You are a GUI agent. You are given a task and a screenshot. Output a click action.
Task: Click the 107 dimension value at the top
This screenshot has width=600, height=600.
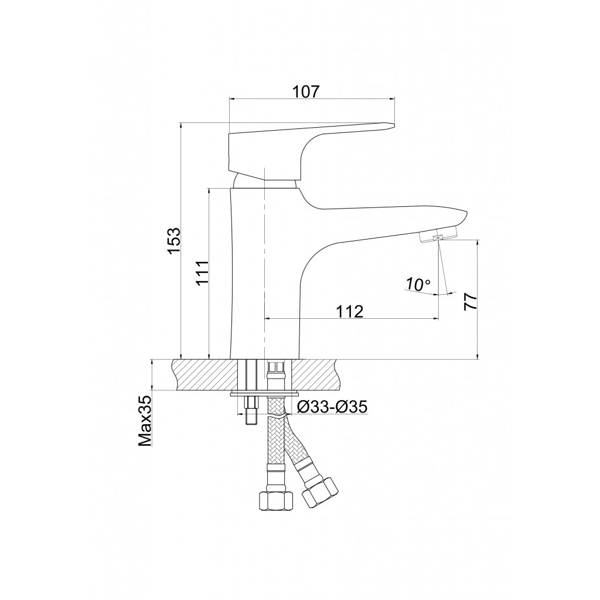305,92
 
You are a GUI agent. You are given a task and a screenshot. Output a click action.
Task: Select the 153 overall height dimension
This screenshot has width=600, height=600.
175,240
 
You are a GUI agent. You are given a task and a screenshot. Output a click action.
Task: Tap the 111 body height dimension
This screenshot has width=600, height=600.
202,272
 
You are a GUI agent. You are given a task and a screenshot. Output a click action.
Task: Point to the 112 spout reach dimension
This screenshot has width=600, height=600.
349,312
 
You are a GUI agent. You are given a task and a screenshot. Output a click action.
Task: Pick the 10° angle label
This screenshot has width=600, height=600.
418,284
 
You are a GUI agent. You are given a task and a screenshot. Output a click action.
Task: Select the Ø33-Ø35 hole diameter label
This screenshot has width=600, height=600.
332,407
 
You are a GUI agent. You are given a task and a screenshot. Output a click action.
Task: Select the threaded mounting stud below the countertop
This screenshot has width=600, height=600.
251,412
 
